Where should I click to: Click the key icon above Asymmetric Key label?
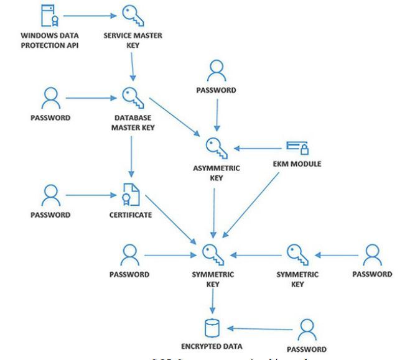215,147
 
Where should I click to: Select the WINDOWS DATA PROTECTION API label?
49,39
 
